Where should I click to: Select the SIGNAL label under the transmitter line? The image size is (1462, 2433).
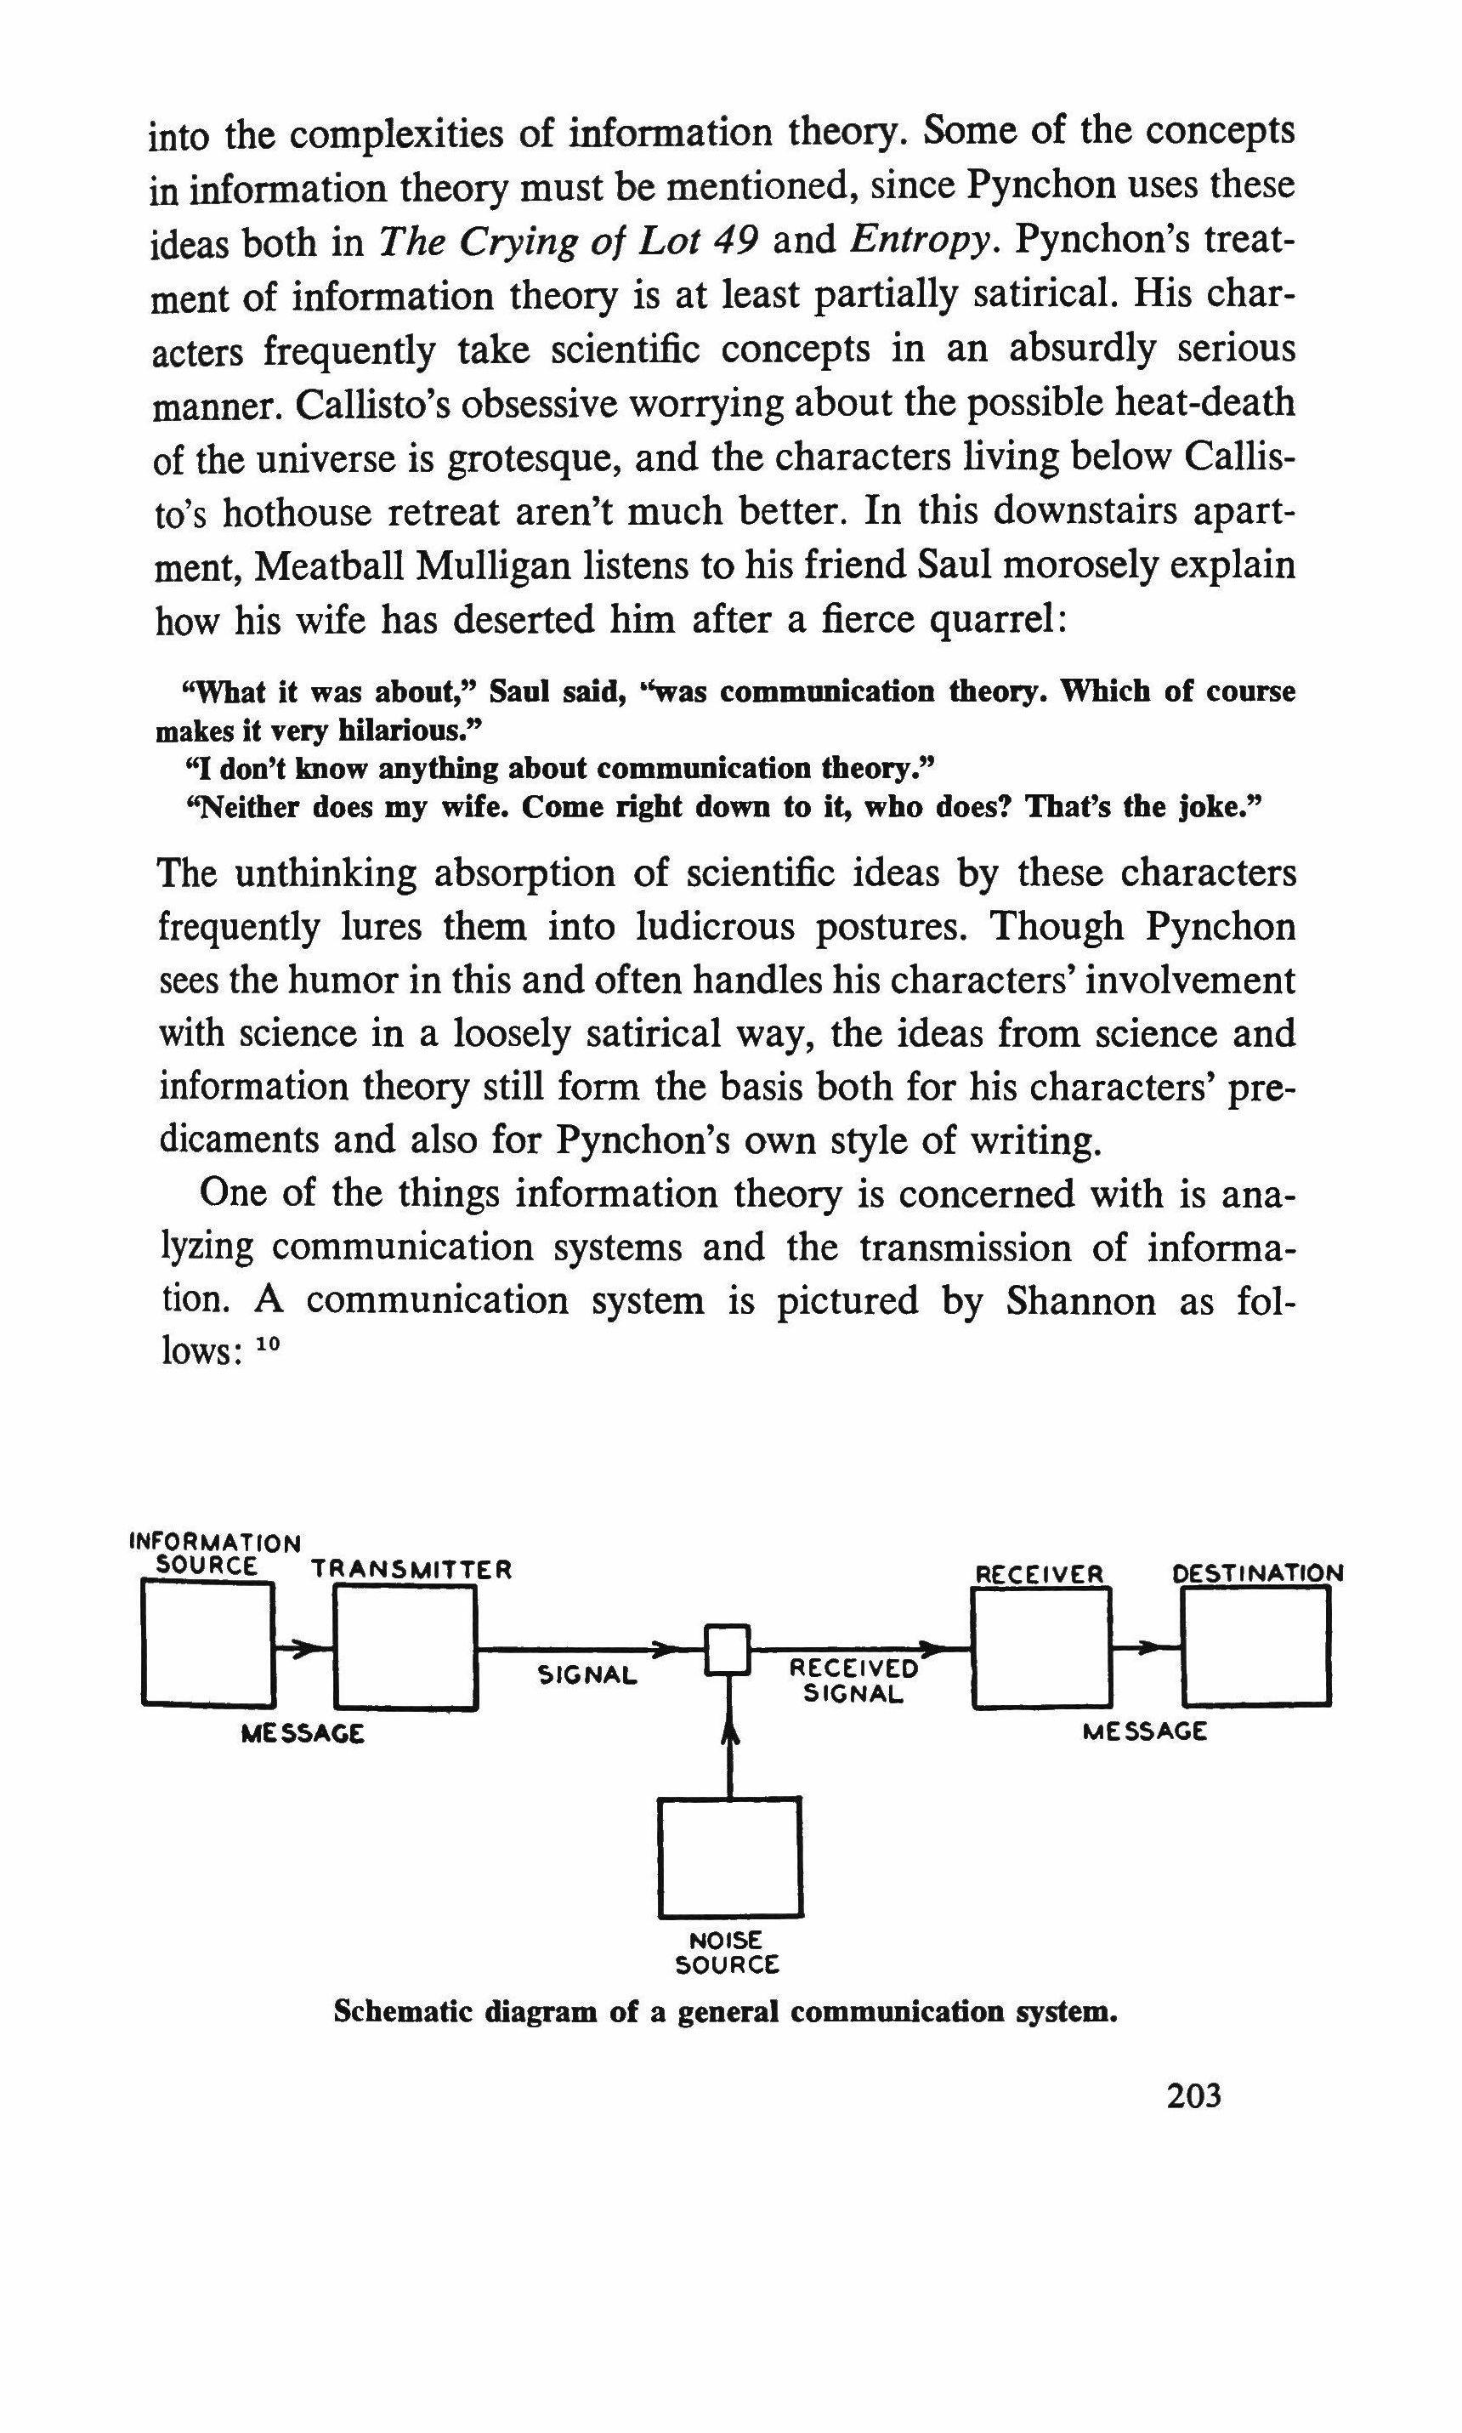click(x=587, y=1674)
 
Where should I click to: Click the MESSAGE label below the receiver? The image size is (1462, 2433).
click(x=1144, y=1731)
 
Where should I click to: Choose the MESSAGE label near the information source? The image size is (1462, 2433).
click(x=303, y=1733)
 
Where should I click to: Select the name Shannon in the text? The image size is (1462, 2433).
click(x=1080, y=1301)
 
